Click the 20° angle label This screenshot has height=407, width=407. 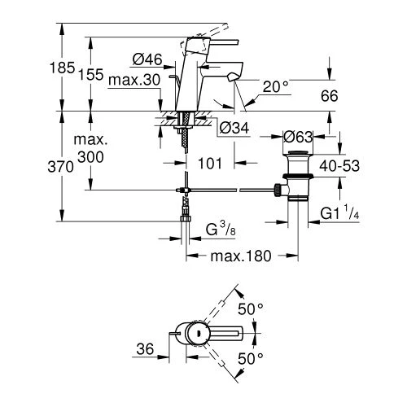click(x=274, y=85)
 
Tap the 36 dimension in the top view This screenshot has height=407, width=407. click(x=145, y=348)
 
